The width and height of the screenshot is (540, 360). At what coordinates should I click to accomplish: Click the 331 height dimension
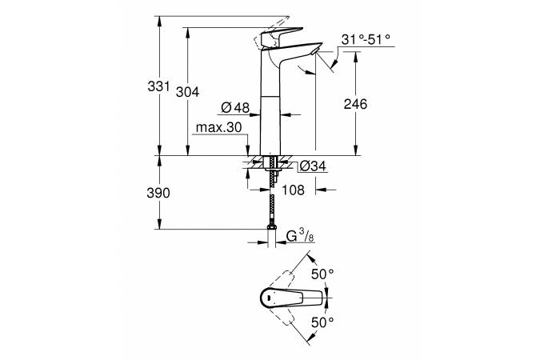tap(159, 86)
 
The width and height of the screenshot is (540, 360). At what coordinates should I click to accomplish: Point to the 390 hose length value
tap(159, 194)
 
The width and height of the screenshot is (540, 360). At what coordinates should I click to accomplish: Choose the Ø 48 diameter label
tap(234, 107)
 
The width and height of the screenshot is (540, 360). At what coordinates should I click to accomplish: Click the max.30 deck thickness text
tap(218, 127)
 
